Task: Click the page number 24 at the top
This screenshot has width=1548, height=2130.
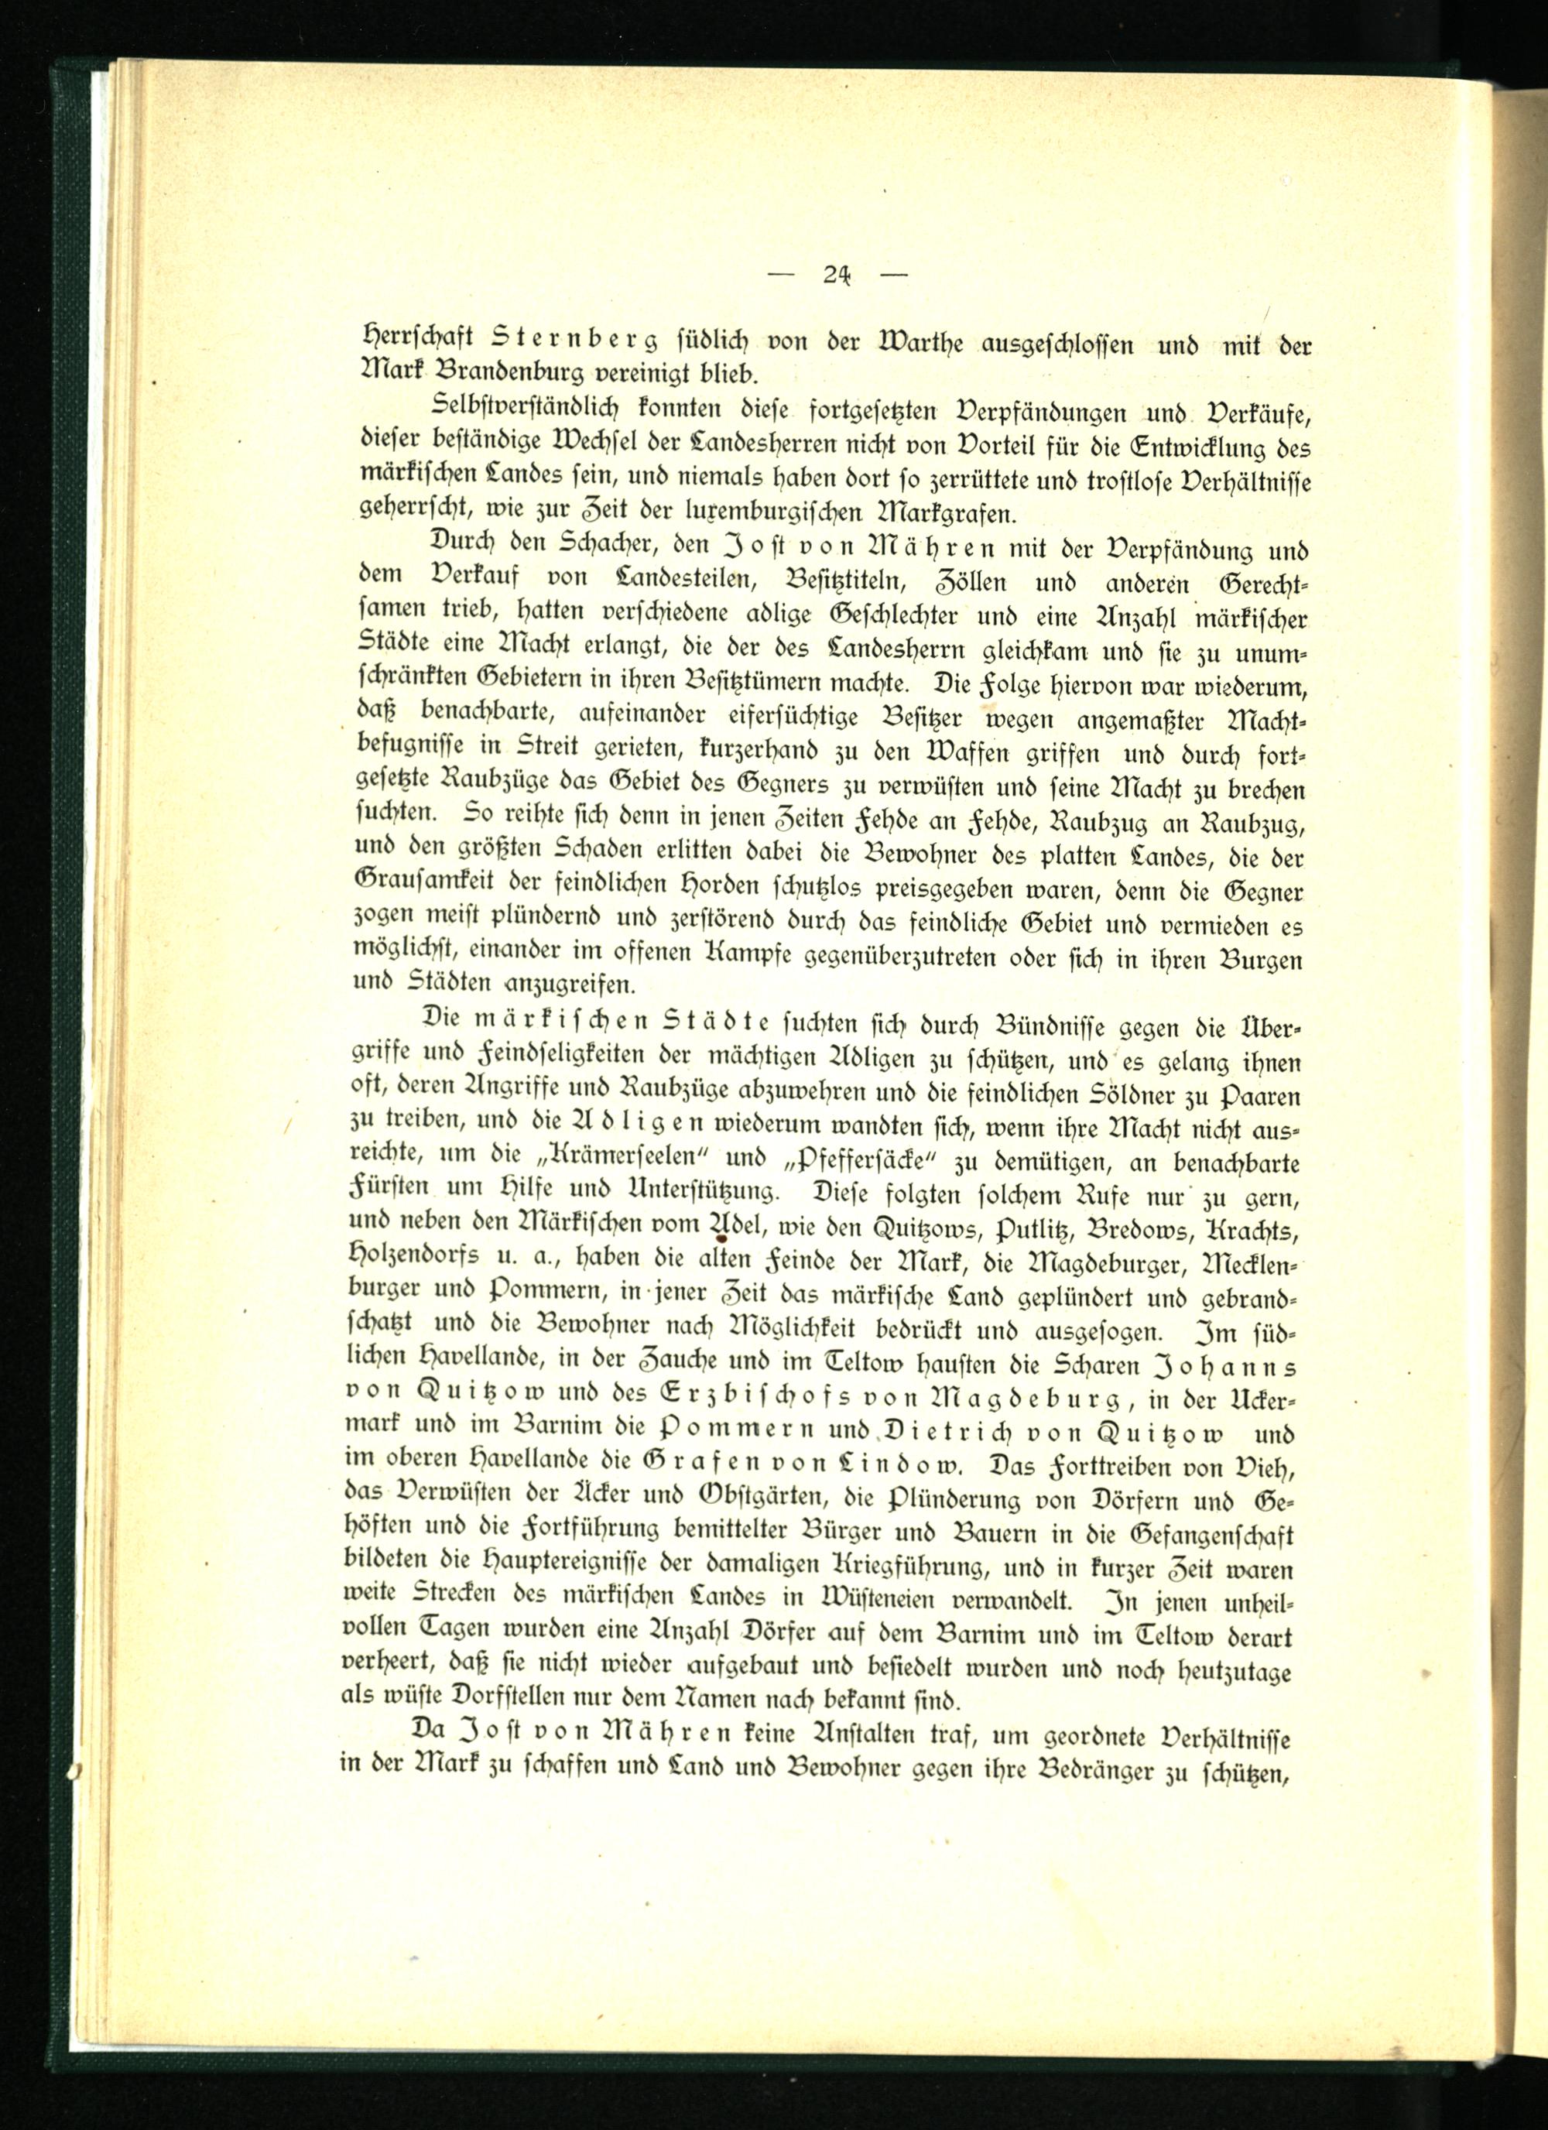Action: pyautogui.click(x=836, y=276)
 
